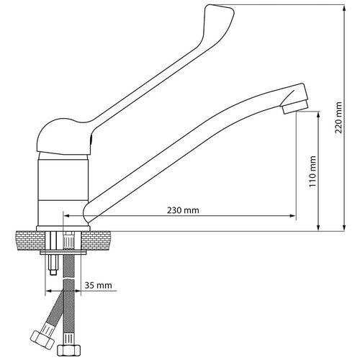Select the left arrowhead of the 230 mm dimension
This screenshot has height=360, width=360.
coord(67,216)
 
